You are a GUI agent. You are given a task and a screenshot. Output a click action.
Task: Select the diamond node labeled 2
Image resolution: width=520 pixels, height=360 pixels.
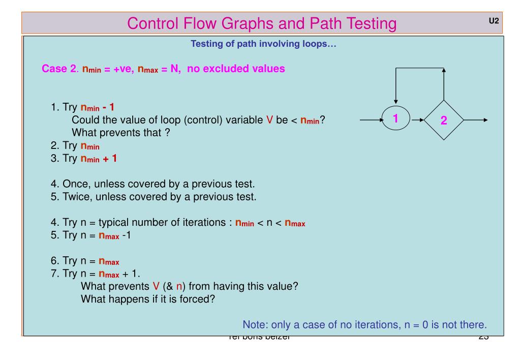tap(444, 121)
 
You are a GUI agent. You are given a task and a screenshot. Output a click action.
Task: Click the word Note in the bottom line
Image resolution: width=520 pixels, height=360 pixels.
tap(255, 324)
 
